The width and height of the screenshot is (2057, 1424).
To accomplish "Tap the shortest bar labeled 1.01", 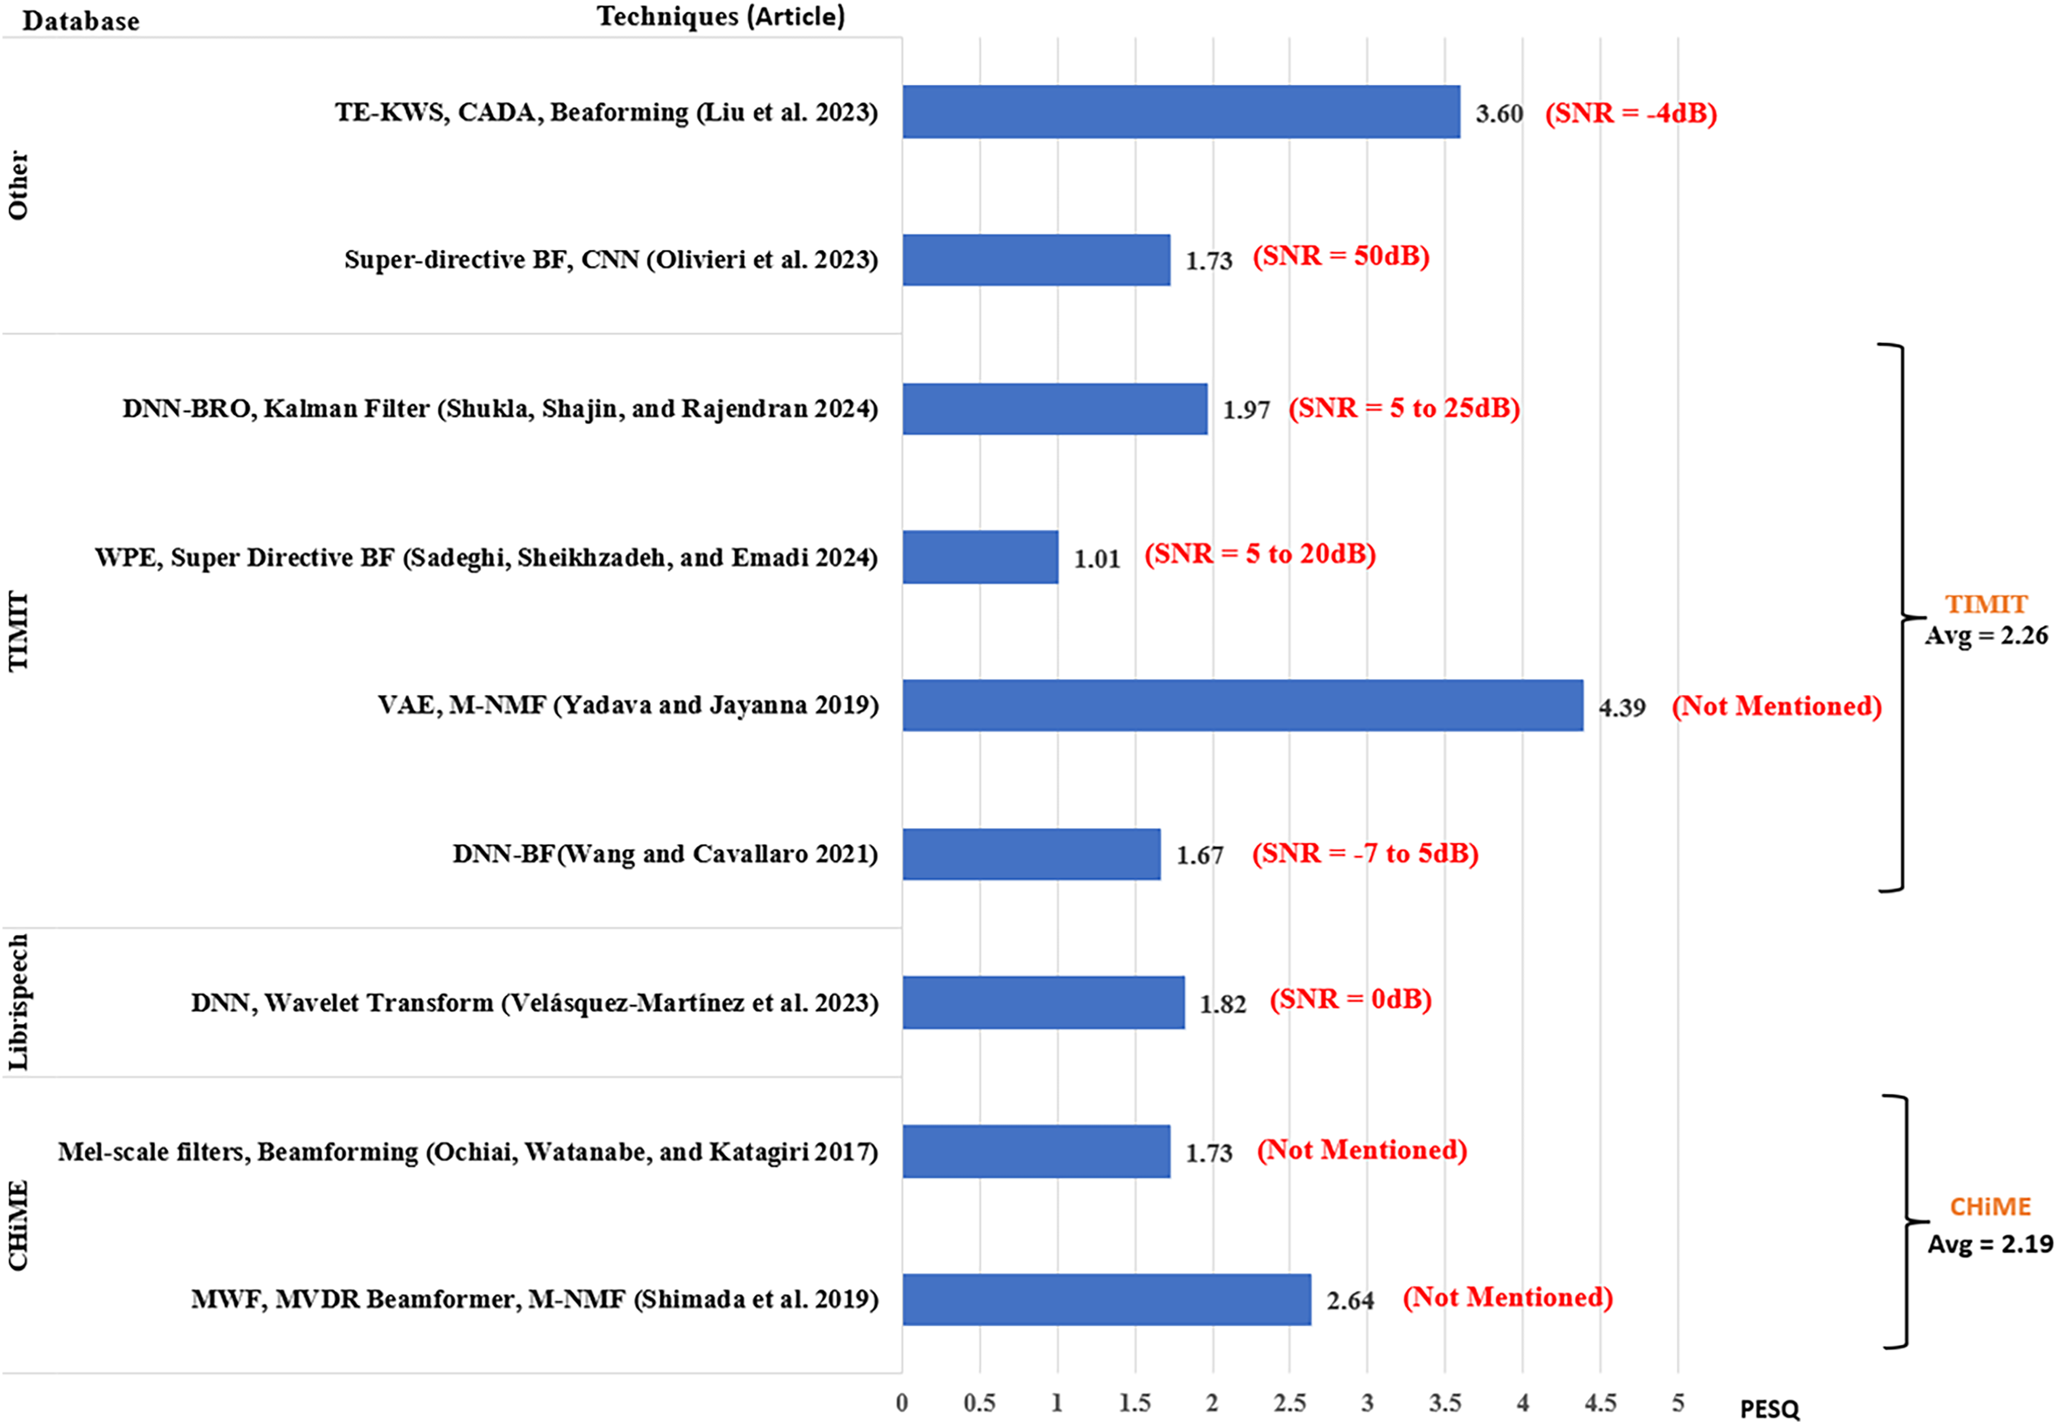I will click(x=980, y=557).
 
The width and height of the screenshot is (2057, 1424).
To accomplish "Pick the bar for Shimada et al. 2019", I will click(x=1106, y=1299).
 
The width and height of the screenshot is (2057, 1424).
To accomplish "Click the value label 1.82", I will click(x=1222, y=1004).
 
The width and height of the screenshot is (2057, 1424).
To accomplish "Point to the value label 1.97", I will click(x=1245, y=410).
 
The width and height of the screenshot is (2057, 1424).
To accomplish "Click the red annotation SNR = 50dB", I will click(x=1340, y=256).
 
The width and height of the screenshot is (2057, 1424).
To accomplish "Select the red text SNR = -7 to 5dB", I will click(x=1365, y=853).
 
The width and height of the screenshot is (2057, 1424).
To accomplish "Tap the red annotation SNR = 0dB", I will click(x=1350, y=1000).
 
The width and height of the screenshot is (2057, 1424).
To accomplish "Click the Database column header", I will click(x=81, y=20).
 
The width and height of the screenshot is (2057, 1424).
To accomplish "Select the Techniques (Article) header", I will click(x=721, y=17).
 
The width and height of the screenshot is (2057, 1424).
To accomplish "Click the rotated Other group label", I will click(x=18, y=185).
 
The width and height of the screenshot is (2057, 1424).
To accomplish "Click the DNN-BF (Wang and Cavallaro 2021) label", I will click(x=665, y=854).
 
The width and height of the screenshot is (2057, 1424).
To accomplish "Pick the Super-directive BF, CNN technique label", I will click(x=611, y=259).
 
